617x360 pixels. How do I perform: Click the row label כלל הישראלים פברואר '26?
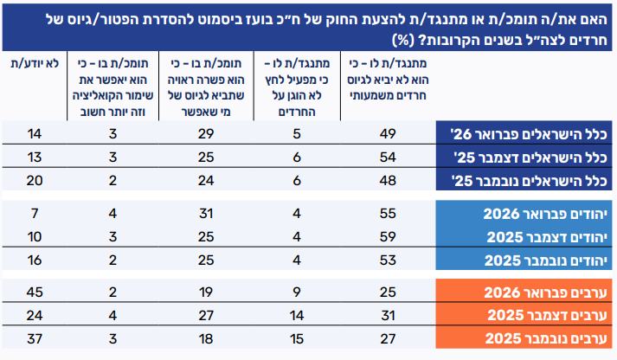click(x=530, y=133)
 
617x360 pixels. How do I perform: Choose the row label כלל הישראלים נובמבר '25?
click(x=530, y=180)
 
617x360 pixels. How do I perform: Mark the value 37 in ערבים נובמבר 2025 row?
click(x=35, y=337)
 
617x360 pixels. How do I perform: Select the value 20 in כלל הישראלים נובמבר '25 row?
click(x=35, y=180)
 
